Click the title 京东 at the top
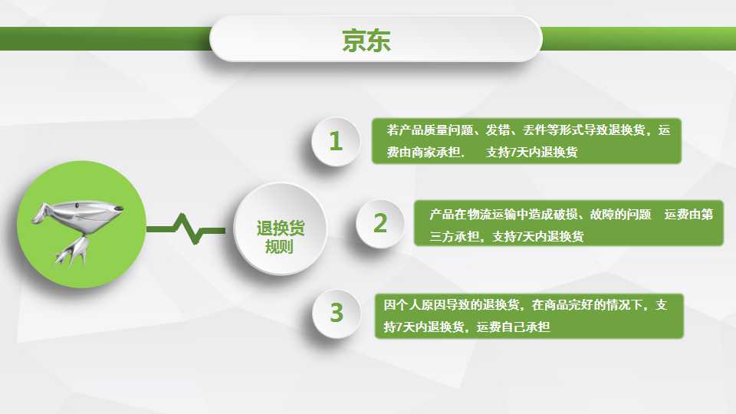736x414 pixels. click(x=366, y=41)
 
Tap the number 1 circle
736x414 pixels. click(x=336, y=141)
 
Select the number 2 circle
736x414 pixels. click(x=380, y=223)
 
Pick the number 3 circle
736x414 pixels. click(x=336, y=313)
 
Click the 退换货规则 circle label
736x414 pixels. click(x=281, y=237)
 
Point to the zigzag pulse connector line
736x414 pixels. click(x=186, y=229)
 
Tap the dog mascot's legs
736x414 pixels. click(x=71, y=251)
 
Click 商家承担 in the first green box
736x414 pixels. click(x=435, y=152)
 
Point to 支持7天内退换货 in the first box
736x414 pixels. click(x=531, y=152)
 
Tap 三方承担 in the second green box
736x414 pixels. click(x=454, y=237)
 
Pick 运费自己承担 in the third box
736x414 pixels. click(x=513, y=327)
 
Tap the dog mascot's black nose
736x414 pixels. click(x=120, y=209)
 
